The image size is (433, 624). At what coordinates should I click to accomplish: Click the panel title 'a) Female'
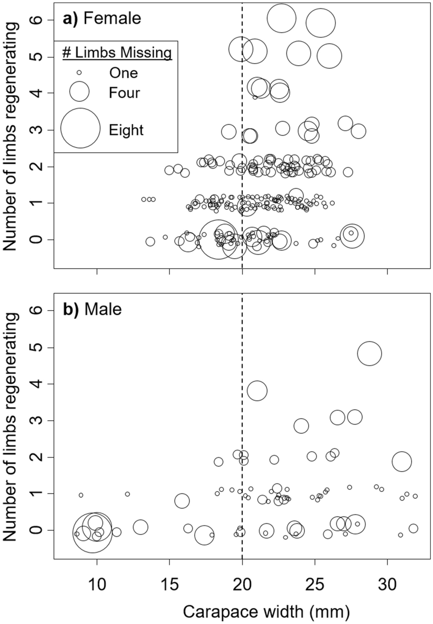pyautogui.click(x=102, y=19)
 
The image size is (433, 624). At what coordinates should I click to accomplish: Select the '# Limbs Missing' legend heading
pyautogui.click(x=117, y=53)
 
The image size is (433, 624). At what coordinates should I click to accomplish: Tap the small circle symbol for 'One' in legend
pyautogui.click(x=79, y=72)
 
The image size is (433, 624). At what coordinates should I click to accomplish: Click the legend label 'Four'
pyautogui.click(x=124, y=93)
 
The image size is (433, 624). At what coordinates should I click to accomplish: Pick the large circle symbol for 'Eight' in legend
pyautogui.click(x=80, y=128)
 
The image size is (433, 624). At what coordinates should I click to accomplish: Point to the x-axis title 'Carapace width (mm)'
pyautogui.click(x=266, y=612)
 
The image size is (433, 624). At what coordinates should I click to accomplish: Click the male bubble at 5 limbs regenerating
pyautogui.click(x=370, y=353)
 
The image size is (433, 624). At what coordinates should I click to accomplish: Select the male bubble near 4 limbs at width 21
pyautogui.click(x=257, y=391)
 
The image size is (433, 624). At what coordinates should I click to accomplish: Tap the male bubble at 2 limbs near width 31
pyautogui.click(x=402, y=462)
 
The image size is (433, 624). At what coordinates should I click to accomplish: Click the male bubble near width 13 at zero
pyautogui.click(x=140, y=527)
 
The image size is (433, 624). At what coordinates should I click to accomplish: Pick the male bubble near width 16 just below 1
pyautogui.click(x=182, y=501)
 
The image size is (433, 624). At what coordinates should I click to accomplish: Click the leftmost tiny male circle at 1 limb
pyautogui.click(x=81, y=495)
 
